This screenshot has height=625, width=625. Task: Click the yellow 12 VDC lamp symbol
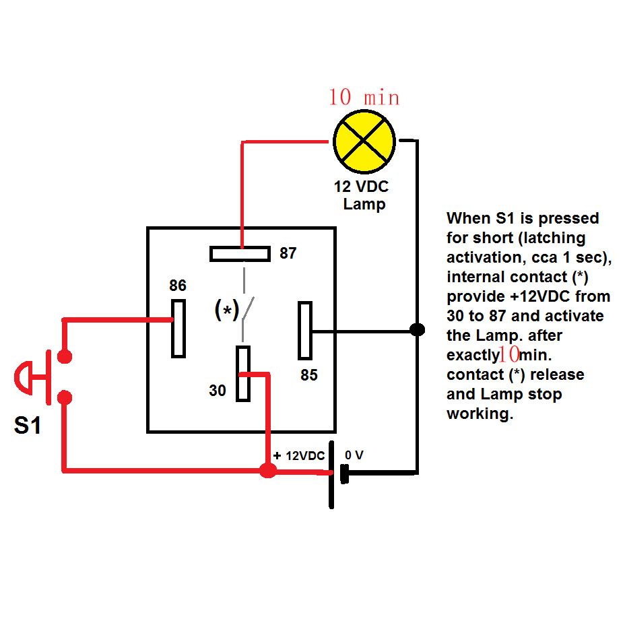364,141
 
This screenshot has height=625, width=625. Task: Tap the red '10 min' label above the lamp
364,98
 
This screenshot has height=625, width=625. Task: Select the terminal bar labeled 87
240,253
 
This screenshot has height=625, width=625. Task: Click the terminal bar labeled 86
178,327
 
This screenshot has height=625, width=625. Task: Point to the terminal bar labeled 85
305,331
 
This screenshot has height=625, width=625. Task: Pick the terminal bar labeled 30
242,373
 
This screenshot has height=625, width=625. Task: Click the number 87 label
288,254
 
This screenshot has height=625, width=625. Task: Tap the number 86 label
178,286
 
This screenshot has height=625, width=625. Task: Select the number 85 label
309,376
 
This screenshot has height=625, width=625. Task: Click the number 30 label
218,390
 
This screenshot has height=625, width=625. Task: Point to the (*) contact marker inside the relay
227,310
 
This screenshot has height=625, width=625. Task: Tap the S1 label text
28,426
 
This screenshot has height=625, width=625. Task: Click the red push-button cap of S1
23,376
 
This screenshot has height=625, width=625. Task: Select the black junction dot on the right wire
418,330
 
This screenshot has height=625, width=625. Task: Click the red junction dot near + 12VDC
267,470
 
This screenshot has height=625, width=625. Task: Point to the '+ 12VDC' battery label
298,455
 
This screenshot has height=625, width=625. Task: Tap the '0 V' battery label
354,455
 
